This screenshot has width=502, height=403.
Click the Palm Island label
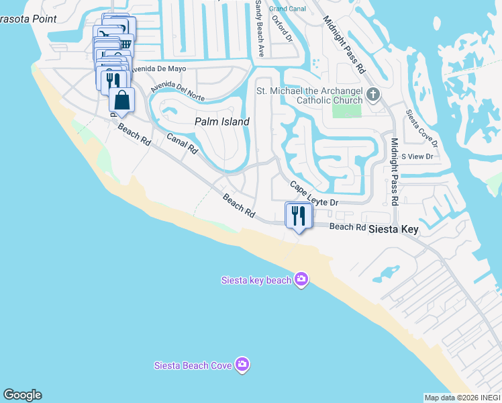click(x=221, y=122)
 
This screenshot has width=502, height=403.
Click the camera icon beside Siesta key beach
click(x=301, y=279)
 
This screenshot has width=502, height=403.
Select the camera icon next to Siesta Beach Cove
click(x=242, y=365)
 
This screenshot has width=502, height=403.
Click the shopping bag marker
click(x=121, y=101)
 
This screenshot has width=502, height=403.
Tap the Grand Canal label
click(x=287, y=8)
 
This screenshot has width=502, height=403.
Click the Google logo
click(x=22, y=395)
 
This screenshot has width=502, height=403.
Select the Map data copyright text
click(x=462, y=398)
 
